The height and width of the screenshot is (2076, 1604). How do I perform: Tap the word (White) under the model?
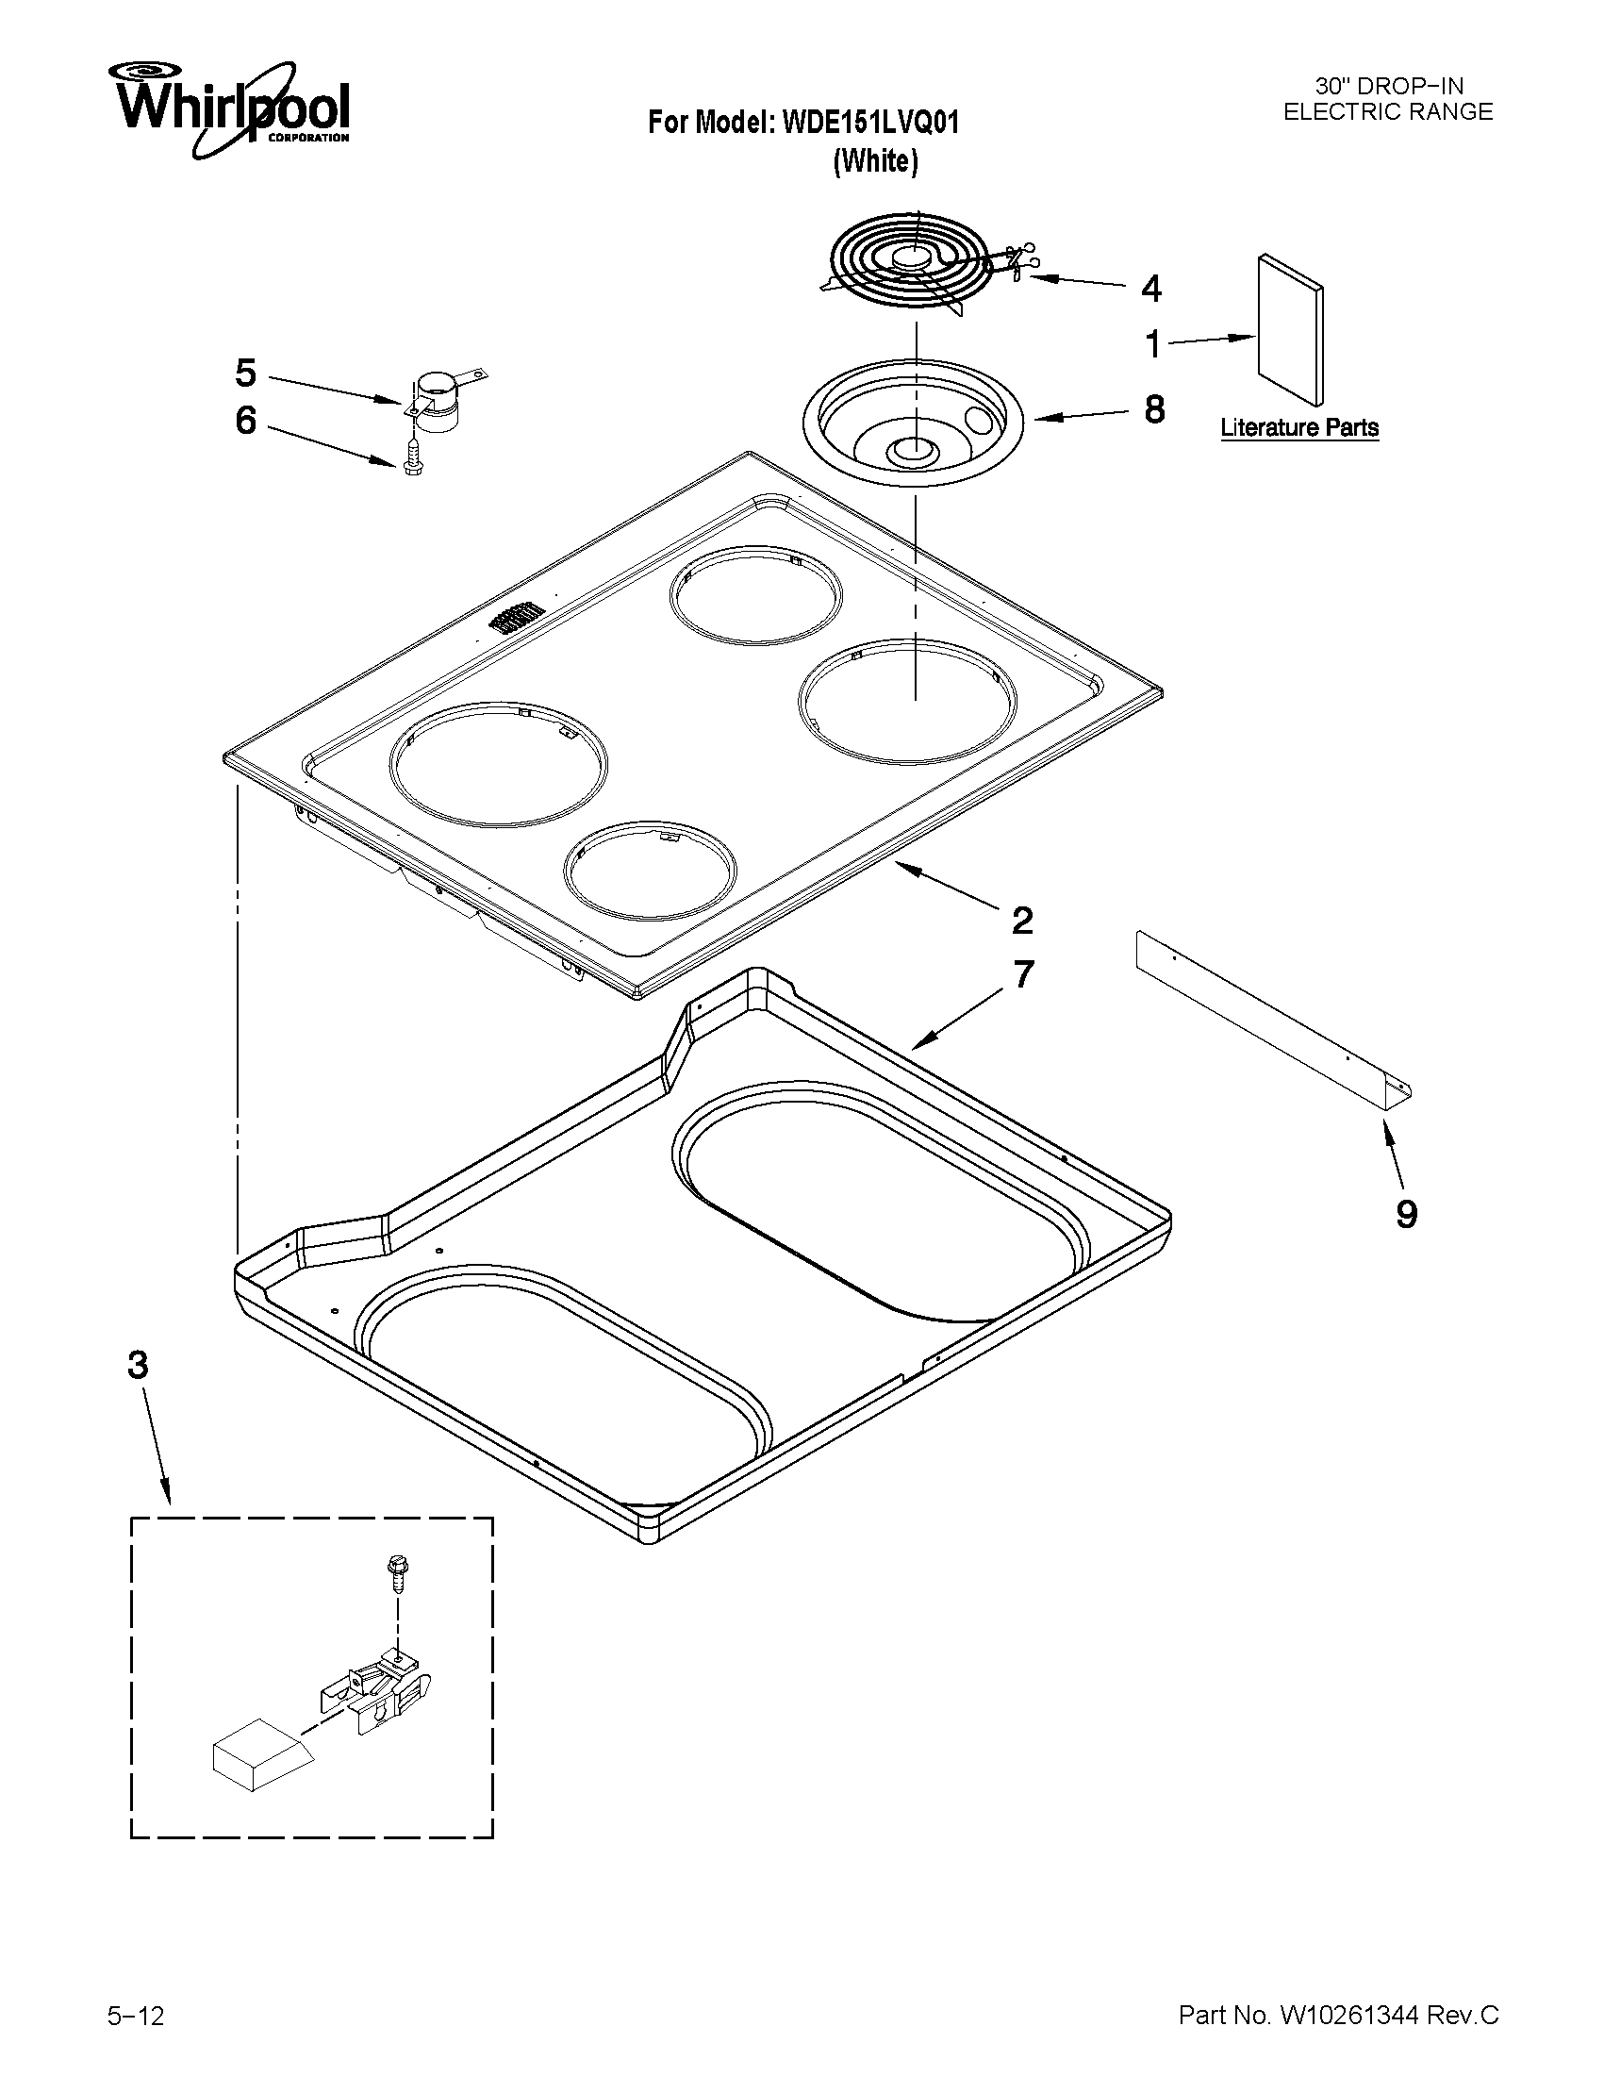click(x=875, y=162)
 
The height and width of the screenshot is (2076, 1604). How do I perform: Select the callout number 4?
click(x=1150, y=288)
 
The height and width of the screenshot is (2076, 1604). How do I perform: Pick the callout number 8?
click(x=1153, y=409)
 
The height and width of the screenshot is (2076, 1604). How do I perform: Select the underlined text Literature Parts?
click(x=1299, y=428)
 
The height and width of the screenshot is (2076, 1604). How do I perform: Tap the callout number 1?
click(x=1152, y=345)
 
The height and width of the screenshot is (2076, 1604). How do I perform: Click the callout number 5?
click(x=246, y=374)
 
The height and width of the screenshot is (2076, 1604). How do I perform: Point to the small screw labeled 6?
click(x=412, y=462)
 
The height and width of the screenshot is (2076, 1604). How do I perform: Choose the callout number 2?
click(x=1022, y=921)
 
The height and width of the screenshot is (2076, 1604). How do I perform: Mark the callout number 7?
click(x=1022, y=975)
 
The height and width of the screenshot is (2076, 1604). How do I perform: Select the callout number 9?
click(x=1406, y=1214)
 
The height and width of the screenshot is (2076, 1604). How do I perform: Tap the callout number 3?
click(x=139, y=1366)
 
